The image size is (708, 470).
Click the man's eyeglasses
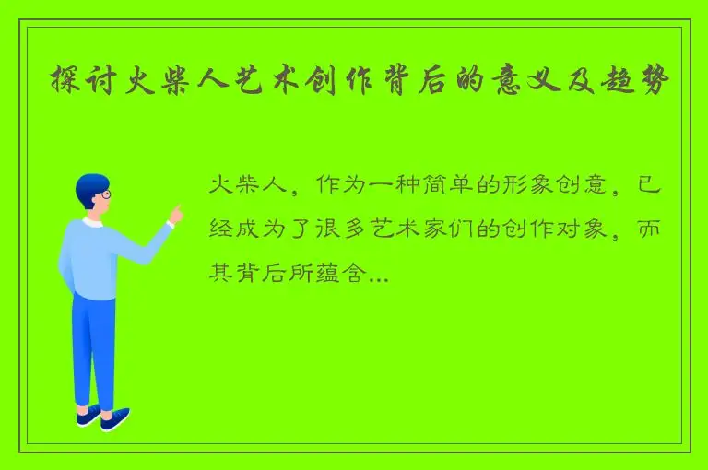(x=105, y=195)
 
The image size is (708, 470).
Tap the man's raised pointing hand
(x=174, y=216)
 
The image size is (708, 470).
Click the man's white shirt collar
(x=92, y=222)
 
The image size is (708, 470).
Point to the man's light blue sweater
(x=92, y=258)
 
